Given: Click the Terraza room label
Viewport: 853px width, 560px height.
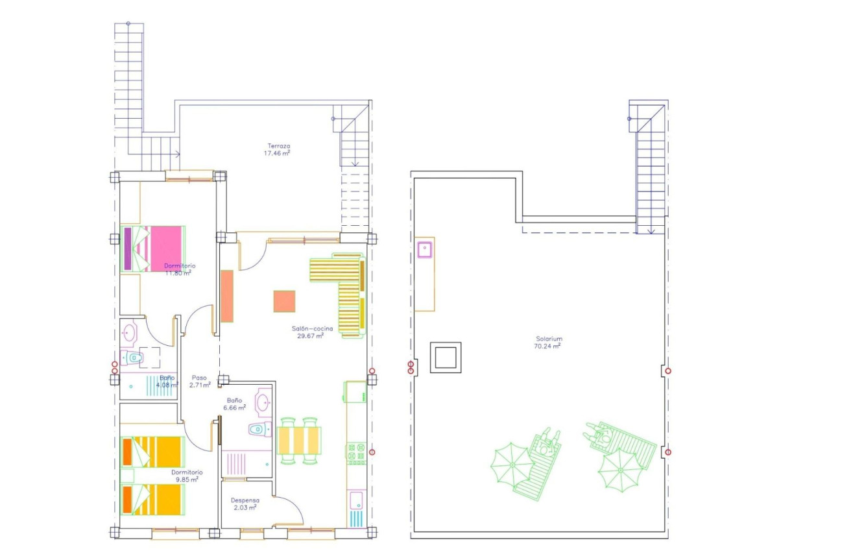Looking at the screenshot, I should point(278,146).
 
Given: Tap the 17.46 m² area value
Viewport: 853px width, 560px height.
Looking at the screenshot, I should point(277,154).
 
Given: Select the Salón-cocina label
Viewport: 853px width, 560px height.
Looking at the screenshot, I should point(312,329).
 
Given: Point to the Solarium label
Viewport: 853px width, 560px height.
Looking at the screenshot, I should point(548,339).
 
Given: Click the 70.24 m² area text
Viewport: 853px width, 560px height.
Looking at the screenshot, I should point(548,347).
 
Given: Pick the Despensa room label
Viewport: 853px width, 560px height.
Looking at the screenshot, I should point(245,500).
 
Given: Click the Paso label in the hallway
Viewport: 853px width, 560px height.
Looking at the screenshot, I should point(199,378).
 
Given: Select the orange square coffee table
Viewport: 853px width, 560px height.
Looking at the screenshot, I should point(284,302).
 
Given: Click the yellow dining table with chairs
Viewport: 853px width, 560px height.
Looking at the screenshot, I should point(300,440).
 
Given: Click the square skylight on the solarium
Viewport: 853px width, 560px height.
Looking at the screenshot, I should point(446,358).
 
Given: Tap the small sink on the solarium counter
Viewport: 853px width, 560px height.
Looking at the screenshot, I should point(425,249).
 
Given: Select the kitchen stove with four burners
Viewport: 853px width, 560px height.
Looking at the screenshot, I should point(356,453).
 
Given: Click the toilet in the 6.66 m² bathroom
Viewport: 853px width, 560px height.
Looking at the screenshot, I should point(258,429).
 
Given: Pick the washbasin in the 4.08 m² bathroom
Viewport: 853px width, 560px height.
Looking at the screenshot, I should point(129,334).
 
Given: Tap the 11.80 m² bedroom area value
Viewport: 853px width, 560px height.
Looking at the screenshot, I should point(178,273).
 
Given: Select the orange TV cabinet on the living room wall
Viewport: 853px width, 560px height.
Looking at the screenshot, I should point(227,296).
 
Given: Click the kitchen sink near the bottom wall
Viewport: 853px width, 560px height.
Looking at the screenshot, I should point(356,500).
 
